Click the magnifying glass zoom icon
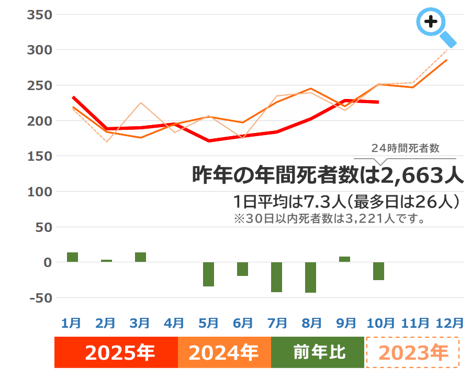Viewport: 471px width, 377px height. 432,24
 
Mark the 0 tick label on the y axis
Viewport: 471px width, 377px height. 47,262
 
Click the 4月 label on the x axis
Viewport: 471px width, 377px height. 174,323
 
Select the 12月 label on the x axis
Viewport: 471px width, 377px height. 450,323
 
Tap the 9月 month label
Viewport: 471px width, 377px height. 346,323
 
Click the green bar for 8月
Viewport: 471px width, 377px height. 310,278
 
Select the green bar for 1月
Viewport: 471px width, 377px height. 72,257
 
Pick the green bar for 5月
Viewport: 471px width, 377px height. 208,274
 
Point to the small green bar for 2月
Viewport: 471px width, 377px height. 106,261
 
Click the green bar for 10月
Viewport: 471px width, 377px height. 378,271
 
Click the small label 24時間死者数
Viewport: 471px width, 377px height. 405,149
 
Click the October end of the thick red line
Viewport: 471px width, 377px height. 378,102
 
